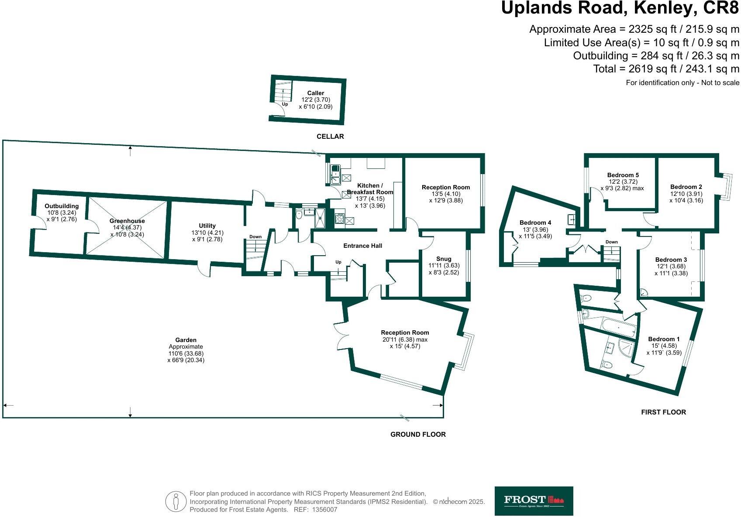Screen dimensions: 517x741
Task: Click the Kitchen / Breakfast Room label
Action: point(370,189)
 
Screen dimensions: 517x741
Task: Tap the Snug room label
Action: point(444,259)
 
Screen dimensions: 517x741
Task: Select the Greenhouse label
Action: point(127,221)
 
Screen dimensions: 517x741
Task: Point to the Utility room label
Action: point(207,226)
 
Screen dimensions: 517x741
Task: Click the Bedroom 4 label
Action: point(535,223)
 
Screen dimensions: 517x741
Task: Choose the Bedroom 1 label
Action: point(664,339)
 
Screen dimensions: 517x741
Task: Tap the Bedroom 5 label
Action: point(623,175)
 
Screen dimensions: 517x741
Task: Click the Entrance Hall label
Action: point(362,246)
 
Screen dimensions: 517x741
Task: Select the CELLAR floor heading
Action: point(330,137)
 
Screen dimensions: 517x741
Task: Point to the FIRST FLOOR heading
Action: point(663,412)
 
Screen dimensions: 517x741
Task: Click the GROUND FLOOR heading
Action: point(418,434)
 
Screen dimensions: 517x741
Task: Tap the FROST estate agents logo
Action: point(534,501)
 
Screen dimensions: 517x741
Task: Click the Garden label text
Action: point(186,340)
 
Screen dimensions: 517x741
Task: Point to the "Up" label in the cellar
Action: point(285,104)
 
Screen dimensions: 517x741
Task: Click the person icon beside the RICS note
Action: point(176,501)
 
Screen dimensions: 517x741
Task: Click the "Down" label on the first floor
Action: point(611,242)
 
